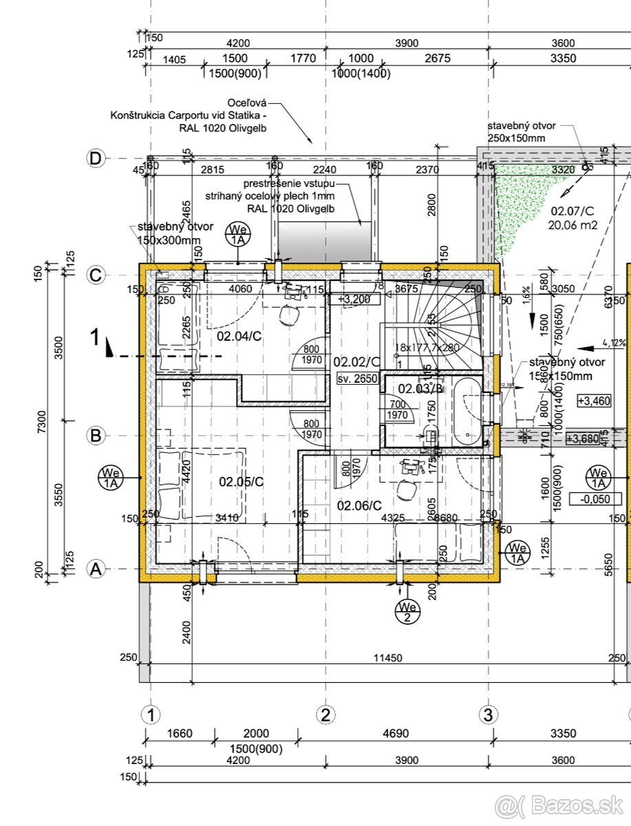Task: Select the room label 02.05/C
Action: coord(242,482)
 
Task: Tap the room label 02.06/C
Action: coord(359,505)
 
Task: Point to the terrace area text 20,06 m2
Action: coord(573,224)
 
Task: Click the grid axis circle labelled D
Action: coord(96,159)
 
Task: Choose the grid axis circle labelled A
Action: coord(96,569)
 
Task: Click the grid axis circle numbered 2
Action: coord(326,714)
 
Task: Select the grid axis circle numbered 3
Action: coord(488,714)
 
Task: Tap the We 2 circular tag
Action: coord(407,611)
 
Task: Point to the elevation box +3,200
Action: coord(354,299)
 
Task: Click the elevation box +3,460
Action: coord(594,401)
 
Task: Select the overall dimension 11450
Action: coord(387,658)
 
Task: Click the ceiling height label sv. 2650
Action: coord(357,379)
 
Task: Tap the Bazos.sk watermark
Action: coord(561,804)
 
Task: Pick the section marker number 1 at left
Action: coord(97,337)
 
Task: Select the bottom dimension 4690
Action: coord(394,734)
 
